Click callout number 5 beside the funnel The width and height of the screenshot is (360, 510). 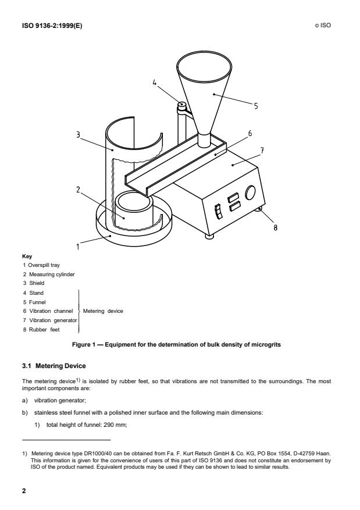(256, 106)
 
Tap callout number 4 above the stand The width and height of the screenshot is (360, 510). (155, 83)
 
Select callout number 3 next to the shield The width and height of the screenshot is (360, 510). (78, 134)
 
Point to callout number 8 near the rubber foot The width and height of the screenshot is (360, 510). (276, 228)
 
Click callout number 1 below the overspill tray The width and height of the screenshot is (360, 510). (78, 247)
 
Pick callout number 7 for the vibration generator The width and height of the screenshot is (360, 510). (262, 151)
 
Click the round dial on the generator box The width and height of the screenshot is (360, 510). (250, 192)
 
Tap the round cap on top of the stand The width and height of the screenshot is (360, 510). (181, 105)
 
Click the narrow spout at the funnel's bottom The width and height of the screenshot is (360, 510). (205, 140)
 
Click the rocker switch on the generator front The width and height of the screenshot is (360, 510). (219, 211)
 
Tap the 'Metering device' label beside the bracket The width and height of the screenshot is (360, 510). (103, 311)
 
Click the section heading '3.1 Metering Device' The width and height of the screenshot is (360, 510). (54, 366)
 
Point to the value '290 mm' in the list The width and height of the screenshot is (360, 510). (115, 425)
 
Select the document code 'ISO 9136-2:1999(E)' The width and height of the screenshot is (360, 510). (52, 26)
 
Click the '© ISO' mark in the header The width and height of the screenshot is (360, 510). (323, 26)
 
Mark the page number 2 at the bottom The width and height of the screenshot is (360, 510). (24, 491)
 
